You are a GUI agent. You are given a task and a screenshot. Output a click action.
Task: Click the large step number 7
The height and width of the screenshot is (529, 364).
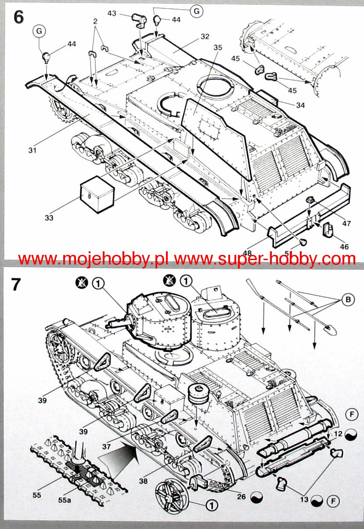coord(16,284)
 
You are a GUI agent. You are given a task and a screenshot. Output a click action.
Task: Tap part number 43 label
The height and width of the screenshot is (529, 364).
coord(112,14)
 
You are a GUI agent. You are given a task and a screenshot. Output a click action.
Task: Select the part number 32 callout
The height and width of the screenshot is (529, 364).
coord(205,37)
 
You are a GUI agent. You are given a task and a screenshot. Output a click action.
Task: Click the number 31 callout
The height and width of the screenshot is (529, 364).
coord(32,150)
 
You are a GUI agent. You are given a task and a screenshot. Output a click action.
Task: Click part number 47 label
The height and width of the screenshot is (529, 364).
coord(346,223)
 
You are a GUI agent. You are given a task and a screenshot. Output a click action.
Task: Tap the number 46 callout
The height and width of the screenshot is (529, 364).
coord(344,246)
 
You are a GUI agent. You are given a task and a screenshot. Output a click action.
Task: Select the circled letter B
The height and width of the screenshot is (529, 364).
coord(347,301)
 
